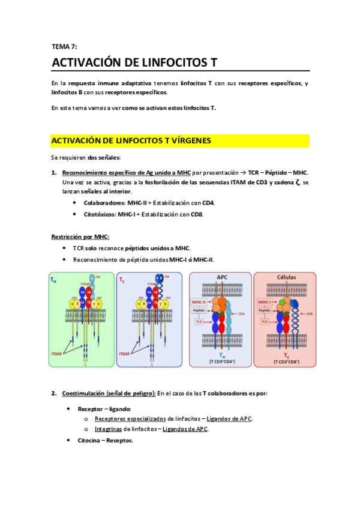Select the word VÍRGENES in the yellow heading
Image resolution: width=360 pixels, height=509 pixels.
tap(187, 140)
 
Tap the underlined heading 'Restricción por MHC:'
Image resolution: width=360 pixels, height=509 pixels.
tap(80, 236)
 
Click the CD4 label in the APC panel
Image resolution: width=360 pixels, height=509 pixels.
tap(241, 313)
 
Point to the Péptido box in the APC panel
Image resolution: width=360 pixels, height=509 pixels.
tap(199, 310)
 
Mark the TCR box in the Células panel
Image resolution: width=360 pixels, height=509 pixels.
tap(264, 321)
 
